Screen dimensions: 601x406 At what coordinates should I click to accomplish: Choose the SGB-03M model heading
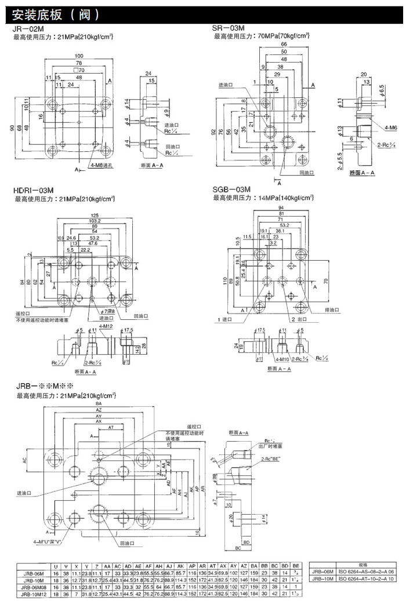[x=232, y=190]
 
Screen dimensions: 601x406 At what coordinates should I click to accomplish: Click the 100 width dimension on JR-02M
[x=78, y=56]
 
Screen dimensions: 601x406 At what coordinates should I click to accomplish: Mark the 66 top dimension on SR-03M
[x=284, y=44]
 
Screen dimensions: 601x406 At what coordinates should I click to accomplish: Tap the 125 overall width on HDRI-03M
[x=95, y=216]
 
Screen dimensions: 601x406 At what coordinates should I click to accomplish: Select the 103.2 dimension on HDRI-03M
[x=95, y=221]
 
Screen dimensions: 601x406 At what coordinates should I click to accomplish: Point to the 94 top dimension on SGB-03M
[x=281, y=208]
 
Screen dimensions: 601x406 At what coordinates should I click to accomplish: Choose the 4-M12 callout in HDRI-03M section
[x=105, y=327]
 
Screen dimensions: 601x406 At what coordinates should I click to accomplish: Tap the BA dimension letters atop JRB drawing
[x=99, y=403]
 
